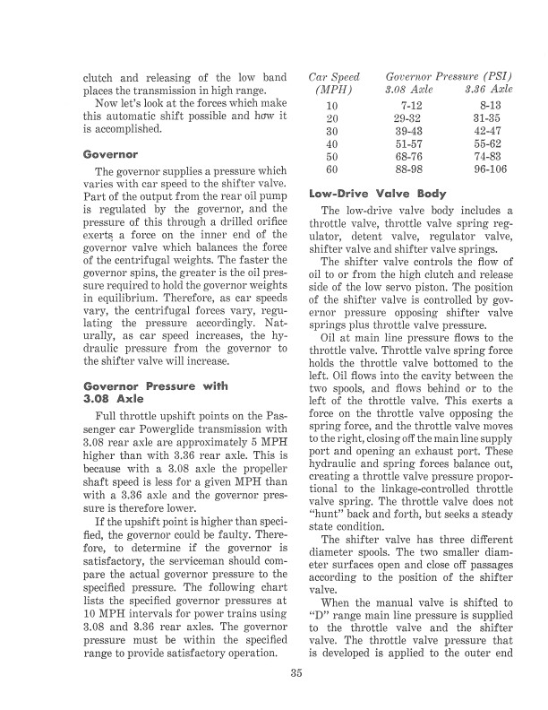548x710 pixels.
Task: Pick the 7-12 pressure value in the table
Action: click(x=413, y=106)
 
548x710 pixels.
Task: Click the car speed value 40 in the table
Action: click(x=332, y=143)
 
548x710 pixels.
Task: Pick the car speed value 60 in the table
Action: click(x=332, y=169)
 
